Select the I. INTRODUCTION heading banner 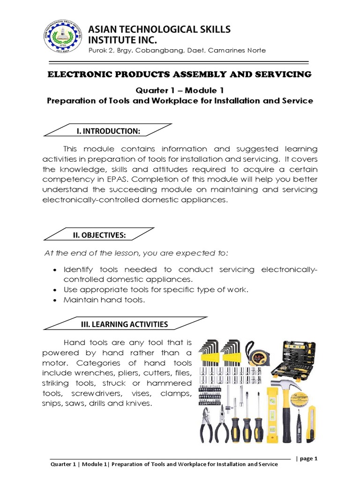(x=108, y=130)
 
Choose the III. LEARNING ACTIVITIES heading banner (x=124, y=324)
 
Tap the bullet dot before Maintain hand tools (x=56, y=300)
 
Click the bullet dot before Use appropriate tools (x=56, y=290)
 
